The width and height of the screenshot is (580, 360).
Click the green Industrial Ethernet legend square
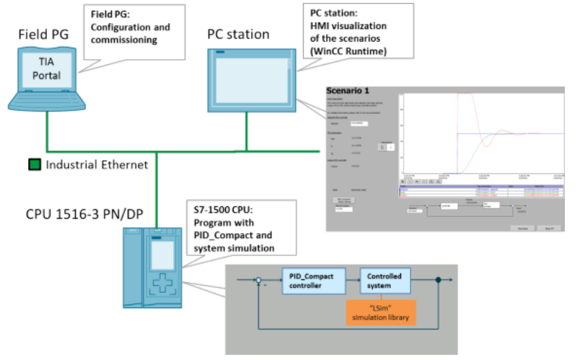[33, 165]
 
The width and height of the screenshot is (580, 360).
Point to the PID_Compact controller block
[312, 281]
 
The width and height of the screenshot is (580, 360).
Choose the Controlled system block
[385, 281]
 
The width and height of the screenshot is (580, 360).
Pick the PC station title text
[238, 34]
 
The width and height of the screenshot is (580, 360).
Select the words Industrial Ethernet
[97, 165]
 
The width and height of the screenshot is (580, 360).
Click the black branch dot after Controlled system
[438, 281]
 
